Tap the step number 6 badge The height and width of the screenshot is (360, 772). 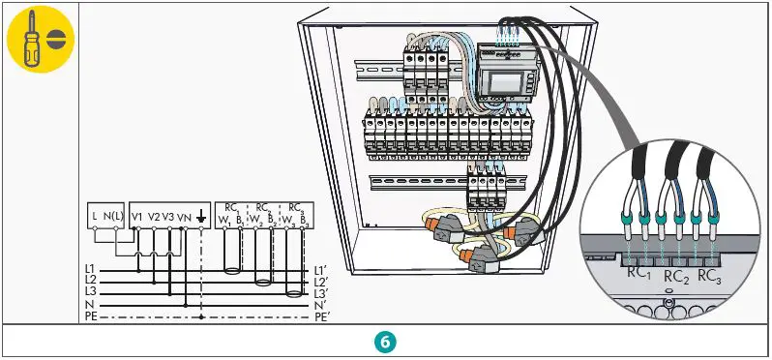[385, 342]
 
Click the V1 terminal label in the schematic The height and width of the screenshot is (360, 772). [137, 215]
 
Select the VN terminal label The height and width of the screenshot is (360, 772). [184, 215]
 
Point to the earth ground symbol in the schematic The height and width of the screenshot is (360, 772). [200, 216]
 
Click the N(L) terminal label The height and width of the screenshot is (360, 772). [113, 215]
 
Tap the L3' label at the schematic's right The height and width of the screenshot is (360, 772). [322, 292]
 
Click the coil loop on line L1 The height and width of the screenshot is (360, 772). [232, 271]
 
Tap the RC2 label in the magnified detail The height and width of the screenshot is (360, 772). [673, 278]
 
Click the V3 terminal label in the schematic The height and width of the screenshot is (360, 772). [168, 215]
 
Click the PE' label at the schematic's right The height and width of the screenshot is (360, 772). [323, 315]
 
